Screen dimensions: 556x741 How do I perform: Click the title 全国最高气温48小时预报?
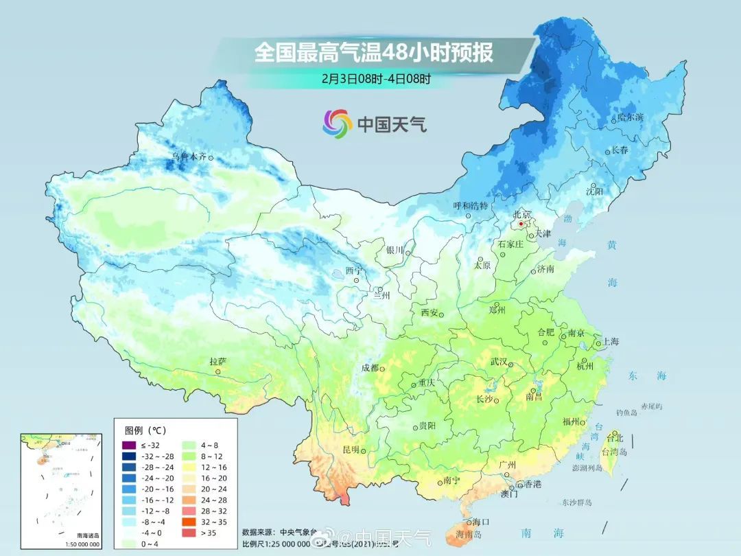374,52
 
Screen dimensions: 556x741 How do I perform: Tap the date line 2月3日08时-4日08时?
376,78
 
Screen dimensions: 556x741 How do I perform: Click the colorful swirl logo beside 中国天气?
337,124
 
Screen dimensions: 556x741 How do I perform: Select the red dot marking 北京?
521,224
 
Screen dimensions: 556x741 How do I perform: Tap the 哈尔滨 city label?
631,117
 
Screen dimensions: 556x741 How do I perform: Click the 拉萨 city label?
217,362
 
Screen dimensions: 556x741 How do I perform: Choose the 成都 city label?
370,368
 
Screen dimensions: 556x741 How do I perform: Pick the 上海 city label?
610,341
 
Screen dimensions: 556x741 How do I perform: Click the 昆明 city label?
351,450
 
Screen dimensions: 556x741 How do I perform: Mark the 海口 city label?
481,522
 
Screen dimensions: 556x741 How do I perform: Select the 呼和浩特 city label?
471,205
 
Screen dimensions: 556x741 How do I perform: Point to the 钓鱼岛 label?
627,413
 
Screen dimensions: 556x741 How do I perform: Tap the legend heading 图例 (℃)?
145,430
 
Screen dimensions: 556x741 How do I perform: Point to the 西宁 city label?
353,270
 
